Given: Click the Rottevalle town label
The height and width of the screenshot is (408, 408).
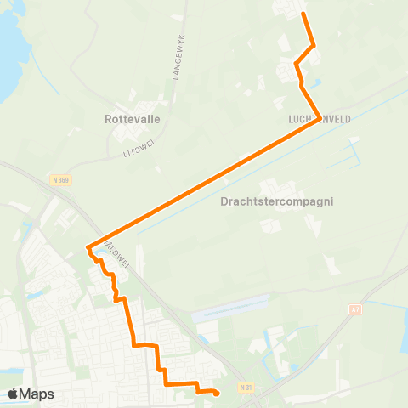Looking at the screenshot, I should point(132,120).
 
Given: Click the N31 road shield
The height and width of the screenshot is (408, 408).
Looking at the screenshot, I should point(246,388).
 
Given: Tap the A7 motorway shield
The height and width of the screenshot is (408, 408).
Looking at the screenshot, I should point(355,310).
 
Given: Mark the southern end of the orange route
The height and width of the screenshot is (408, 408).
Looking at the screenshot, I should point(217,393).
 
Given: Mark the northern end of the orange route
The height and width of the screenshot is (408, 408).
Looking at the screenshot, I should point(303,14).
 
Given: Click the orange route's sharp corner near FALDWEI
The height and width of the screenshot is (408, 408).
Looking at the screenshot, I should point(88,247).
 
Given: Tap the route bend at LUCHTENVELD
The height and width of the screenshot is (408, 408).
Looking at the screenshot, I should point(320,119).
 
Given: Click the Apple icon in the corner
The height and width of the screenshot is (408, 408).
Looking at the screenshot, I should point(14,393).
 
